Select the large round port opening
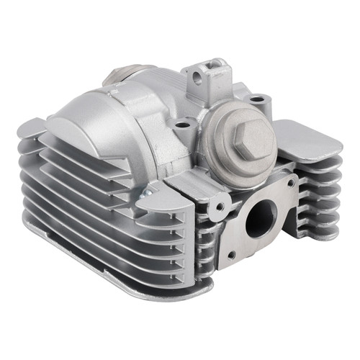tap(260, 218)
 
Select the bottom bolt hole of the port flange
tap(231, 255)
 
